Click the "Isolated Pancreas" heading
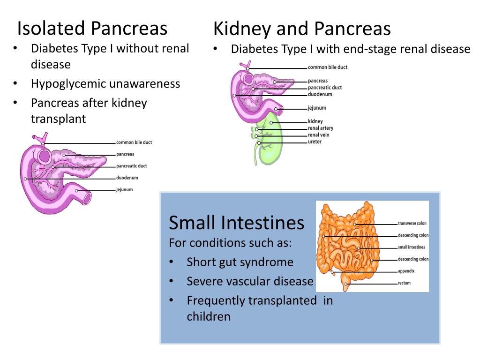click(x=92, y=28)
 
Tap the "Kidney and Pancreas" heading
click(x=302, y=29)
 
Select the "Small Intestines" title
click(x=236, y=222)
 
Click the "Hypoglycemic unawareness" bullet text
click(x=105, y=83)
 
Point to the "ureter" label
click(x=315, y=142)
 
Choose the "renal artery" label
click(x=321, y=128)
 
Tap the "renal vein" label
click(x=319, y=135)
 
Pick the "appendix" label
click(x=406, y=271)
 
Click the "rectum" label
click(x=404, y=283)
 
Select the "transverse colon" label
click(x=412, y=223)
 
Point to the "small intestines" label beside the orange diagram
click(x=412, y=247)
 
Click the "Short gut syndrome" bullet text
click(x=240, y=262)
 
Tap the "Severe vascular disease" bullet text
click(x=250, y=281)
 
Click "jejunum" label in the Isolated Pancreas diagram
click(x=124, y=189)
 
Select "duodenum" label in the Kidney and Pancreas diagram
click(x=320, y=94)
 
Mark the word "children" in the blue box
click(x=209, y=316)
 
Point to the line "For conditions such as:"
click(x=231, y=243)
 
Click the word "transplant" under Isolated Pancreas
click(x=59, y=119)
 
